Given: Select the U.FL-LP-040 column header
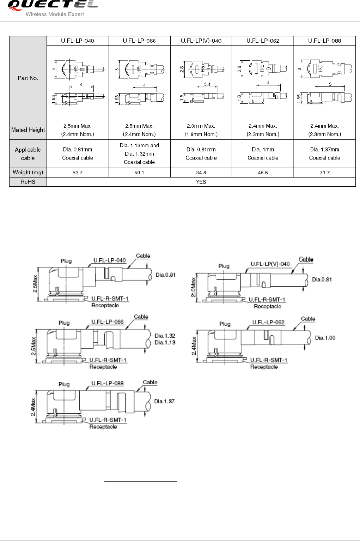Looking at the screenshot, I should (x=78, y=41).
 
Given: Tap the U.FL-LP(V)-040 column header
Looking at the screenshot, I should (x=201, y=41).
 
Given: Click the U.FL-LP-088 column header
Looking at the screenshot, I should (x=324, y=41).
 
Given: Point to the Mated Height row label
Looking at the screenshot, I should (x=28, y=130).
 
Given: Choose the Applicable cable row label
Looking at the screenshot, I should (x=28, y=154).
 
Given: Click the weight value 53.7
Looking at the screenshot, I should (x=78, y=173).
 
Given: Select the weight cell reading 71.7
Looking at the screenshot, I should (x=324, y=173).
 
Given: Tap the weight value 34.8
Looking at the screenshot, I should (x=201, y=173).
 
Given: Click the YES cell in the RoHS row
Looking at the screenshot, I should (x=201, y=182).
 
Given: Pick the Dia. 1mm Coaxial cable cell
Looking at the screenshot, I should (x=263, y=154).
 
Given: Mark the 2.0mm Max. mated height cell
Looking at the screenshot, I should (x=201, y=126).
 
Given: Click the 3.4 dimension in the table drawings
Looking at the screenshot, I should (x=207, y=84).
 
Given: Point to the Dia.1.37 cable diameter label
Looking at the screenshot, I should (x=164, y=401).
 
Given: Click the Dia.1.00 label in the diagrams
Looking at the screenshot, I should (x=325, y=338).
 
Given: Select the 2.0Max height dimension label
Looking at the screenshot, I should (x=194, y=287).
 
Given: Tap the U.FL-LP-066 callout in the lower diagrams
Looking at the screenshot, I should (x=108, y=322).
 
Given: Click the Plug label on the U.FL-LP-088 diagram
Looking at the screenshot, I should (x=64, y=384).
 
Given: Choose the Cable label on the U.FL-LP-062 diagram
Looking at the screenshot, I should (x=308, y=319).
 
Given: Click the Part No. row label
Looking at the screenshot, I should (x=28, y=78).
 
